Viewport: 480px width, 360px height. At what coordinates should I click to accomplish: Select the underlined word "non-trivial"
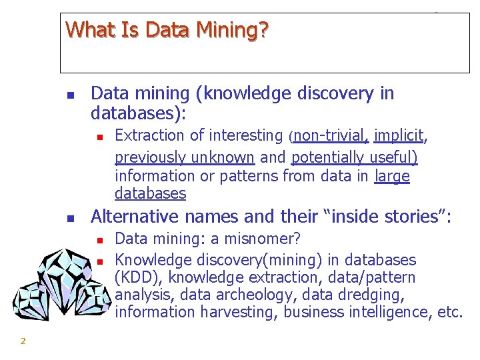click(x=329, y=136)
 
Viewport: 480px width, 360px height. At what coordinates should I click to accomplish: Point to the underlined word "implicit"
click(x=399, y=136)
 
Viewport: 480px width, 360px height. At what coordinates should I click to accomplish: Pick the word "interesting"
click(x=246, y=136)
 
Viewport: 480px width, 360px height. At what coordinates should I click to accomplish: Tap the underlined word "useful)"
click(x=389, y=157)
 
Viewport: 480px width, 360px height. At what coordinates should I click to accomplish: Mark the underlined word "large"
click(x=392, y=176)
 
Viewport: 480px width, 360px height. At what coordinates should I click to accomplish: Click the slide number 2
click(x=23, y=341)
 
